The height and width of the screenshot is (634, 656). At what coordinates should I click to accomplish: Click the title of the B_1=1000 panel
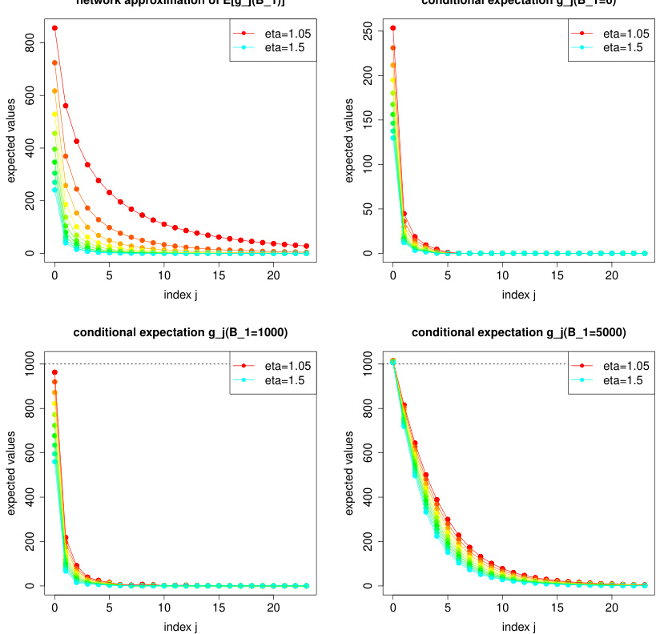coord(180,332)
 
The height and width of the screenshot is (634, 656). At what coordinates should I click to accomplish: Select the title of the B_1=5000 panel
coord(518,332)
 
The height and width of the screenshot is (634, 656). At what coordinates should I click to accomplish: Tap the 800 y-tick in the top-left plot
coord(29,47)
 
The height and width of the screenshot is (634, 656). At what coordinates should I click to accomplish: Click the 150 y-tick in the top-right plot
coord(367,119)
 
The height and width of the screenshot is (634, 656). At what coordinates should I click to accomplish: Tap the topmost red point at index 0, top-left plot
coord(54,28)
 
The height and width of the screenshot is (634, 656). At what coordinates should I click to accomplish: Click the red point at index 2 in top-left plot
coord(76,141)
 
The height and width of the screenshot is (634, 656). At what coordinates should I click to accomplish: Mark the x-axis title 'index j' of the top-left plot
coord(180,294)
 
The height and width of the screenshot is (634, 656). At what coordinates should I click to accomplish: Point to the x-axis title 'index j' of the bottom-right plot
coord(518,626)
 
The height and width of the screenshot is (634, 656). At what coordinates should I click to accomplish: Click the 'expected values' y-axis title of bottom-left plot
coord(12,472)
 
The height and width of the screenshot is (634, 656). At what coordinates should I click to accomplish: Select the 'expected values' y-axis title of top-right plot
coord(349,140)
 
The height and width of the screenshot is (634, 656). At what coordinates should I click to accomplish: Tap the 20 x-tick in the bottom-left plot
coord(273,608)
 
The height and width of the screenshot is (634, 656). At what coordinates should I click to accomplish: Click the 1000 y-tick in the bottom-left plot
coord(29,364)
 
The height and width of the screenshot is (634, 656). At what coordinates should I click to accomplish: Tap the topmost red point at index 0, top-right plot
coord(392,28)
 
